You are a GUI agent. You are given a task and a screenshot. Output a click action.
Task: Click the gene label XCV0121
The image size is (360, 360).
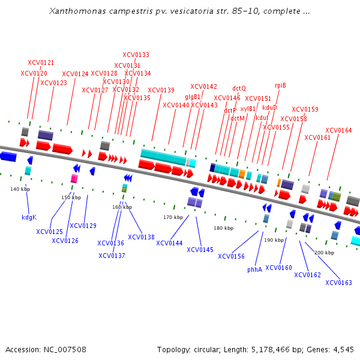click(41, 62)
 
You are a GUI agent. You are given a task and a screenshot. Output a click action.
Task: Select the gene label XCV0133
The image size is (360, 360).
click(136, 55)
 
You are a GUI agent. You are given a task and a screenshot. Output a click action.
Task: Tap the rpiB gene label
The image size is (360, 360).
click(280, 85)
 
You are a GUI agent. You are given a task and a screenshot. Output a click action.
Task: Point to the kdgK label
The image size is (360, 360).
click(29, 217)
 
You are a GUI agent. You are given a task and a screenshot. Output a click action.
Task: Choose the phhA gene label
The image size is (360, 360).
click(255, 269)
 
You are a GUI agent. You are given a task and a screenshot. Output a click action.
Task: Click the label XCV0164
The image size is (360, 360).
click(338, 130)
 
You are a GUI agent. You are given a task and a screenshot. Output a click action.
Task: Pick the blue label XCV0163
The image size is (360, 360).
click(338, 283)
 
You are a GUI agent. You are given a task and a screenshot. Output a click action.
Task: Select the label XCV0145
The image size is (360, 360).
click(200, 250)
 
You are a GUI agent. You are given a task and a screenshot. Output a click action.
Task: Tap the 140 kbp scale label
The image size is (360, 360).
click(20, 189)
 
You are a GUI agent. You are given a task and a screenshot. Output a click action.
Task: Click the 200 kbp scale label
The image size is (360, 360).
click(324, 253)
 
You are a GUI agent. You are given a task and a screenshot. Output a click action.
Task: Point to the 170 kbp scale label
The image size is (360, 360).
click(173, 217)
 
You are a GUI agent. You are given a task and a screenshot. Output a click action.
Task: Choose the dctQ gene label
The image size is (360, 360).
click(239, 88)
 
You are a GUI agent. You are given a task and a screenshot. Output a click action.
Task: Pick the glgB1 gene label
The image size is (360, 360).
click(193, 97)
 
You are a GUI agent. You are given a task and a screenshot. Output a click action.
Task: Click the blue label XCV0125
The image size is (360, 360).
click(49, 231)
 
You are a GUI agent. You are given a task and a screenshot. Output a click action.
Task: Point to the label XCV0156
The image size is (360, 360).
click(231, 256)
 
